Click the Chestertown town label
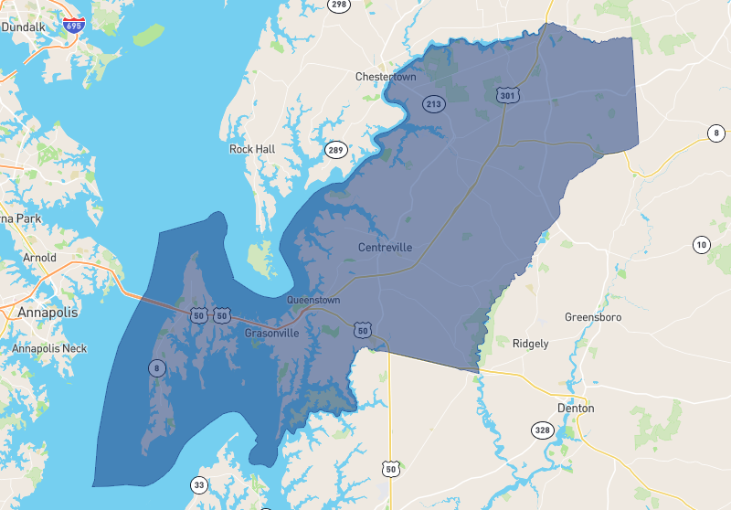click(x=385, y=77)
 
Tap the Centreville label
click(x=385, y=248)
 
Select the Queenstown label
click(x=313, y=300)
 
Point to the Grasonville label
click(x=271, y=334)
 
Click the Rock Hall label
click(x=252, y=149)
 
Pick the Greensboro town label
click(x=592, y=317)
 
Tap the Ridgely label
click(x=531, y=344)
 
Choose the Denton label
click(x=576, y=408)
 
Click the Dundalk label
click(x=23, y=27)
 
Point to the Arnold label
click(x=39, y=258)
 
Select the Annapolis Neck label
click(x=49, y=348)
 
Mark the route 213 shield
click(x=433, y=105)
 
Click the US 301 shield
click(x=508, y=95)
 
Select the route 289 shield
click(x=336, y=150)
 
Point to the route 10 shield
click(x=701, y=244)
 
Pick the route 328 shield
click(x=543, y=430)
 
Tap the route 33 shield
click(x=200, y=484)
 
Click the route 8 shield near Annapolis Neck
click(x=156, y=368)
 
